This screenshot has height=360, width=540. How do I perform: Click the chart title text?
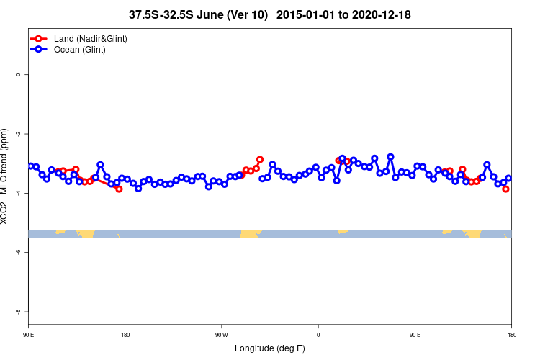coord(269,14)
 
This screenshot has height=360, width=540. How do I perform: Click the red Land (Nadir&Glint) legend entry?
coord(90,38)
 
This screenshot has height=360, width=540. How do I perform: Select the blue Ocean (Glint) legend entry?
coord(79,50)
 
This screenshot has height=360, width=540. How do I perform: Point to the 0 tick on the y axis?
coord(27,75)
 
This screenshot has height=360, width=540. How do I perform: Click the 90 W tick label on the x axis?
coord(221,335)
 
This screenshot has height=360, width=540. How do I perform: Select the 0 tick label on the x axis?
coord(318,335)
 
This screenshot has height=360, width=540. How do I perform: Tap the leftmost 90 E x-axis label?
coord(29,335)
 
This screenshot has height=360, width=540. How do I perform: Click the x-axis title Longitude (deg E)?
coord(269,348)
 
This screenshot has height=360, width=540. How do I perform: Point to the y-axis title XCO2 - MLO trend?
coord(6,176)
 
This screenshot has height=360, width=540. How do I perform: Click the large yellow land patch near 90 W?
coord(250,234)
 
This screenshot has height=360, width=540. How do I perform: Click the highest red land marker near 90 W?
coord(260,159)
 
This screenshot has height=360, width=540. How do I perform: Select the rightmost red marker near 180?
coord(505,189)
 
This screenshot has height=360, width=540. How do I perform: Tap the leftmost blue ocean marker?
coord(30,166)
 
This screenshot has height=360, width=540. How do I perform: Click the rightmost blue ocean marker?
coord(508,179)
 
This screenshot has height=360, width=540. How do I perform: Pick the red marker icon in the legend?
coord(40,38)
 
